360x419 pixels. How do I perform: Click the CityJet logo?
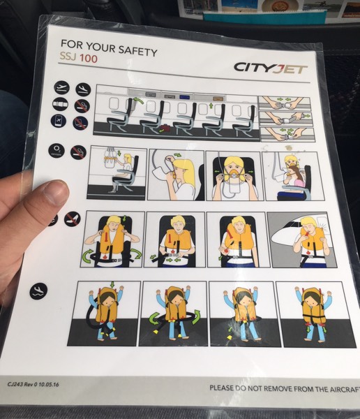pyautogui.click(x=270, y=68)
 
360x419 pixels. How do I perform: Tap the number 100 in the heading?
pyautogui.click(x=89, y=59)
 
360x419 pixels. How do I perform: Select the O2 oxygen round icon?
pyautogui.click(x=57, y=150)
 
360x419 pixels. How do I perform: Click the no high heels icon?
pyautogui.click(x=73, y=219)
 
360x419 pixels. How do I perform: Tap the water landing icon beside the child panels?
pyautogui.click(x=38, y=291)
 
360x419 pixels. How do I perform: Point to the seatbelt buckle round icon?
pyautogui.click(x=61, y=104)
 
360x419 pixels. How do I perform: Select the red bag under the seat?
pyautogui.click(x=165, y=128)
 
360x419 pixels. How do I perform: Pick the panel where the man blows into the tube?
pyautogui.click(x=302, y=240)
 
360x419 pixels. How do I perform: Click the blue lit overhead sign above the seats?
pyautogui.click(x=185, y=97)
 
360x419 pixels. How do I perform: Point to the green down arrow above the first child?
pyautogui.click(x=112, y=284)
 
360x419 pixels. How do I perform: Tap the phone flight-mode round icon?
pyautogui.click(x=59, y=121)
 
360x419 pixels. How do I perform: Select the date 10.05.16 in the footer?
pyautogui.click(x=49, y=385)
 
